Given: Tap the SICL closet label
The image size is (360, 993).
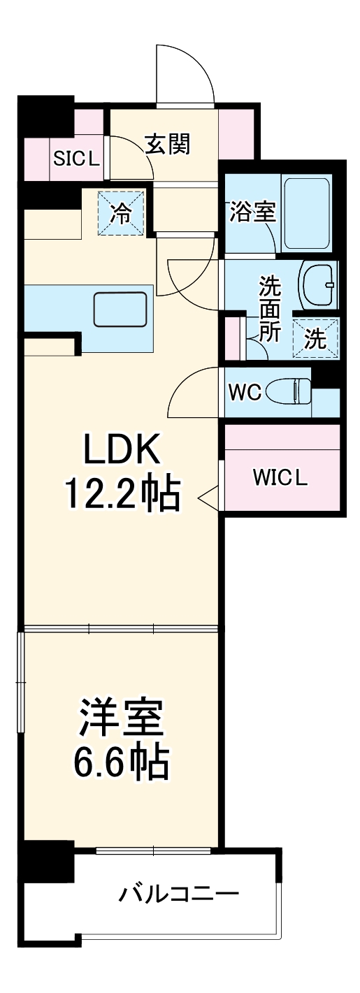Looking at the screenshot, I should point(77,159).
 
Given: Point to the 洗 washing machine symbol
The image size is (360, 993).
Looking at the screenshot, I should point(315,340).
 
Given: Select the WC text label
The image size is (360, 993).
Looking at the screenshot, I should point(245,393).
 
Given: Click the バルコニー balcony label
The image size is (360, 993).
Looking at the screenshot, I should point(179,894).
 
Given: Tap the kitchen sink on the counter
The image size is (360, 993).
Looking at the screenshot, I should point(120,310).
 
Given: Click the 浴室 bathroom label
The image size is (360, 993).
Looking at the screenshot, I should point(252,212).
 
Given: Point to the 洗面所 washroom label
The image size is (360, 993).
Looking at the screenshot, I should point(268,307).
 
